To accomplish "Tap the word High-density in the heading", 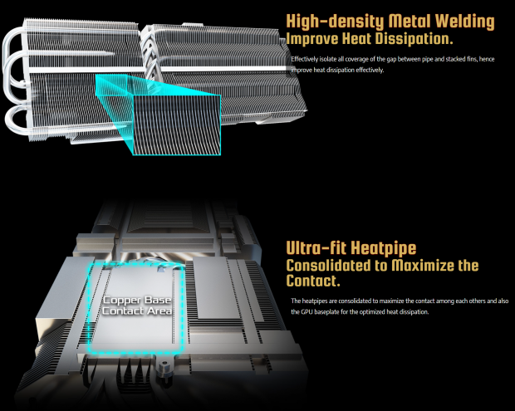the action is click(335, 22).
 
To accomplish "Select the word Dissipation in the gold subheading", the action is click(414, 38).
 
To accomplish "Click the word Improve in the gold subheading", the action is click(312, 39).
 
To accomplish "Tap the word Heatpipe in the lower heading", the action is click(384, 248).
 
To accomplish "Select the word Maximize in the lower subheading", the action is click(422, 265).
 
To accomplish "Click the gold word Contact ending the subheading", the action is click(313, 281).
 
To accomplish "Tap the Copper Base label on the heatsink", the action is click(137, 300).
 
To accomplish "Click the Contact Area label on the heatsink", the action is click(137, 311).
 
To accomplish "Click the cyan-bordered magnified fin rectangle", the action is click(177, 125).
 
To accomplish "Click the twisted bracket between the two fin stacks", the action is click(150, 52).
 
